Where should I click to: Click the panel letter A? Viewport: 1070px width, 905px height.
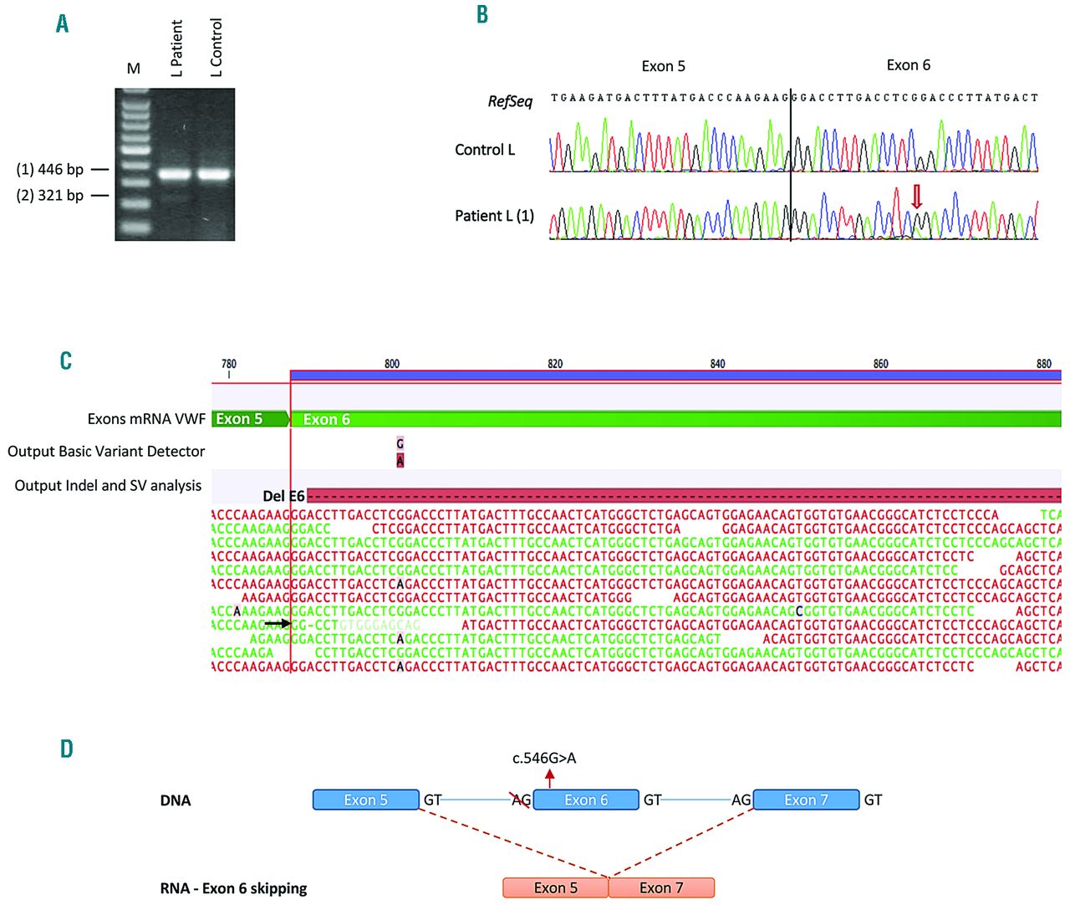pos(63,23)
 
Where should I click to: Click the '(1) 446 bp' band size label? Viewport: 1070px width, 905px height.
pos(50,170)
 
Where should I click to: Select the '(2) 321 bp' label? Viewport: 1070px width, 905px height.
pos(50,196)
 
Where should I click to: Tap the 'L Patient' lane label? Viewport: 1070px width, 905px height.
pos(176,49)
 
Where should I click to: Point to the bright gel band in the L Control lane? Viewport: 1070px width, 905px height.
pos(214,175)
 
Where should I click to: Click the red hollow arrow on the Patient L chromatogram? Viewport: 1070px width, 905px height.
pos(917,197)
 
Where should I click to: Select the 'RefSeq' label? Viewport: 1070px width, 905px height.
pos(510,101)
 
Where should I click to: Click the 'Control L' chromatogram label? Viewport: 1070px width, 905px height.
pos(485,150)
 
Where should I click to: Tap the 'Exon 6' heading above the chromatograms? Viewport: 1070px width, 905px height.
pos(908,65)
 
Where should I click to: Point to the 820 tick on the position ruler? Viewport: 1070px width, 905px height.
pos(555,364)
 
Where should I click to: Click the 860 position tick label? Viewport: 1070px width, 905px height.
pos(881,364)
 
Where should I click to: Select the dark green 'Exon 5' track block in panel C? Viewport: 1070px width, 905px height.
pos(248,419)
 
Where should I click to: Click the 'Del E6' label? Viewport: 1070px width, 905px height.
pos(283,496)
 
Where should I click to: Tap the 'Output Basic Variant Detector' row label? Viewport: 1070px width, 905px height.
pos(106,452)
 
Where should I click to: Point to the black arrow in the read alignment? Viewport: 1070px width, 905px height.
pos(277,623)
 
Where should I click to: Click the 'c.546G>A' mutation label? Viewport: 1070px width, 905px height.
pos(544,759)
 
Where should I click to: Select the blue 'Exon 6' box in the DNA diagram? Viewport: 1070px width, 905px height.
pos(586,800)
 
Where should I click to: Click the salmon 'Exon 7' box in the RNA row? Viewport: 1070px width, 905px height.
pos(661,887)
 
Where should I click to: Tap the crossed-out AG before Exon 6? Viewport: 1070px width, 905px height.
pos(521,800)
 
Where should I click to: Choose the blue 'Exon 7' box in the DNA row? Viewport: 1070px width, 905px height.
pos(806,800)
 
